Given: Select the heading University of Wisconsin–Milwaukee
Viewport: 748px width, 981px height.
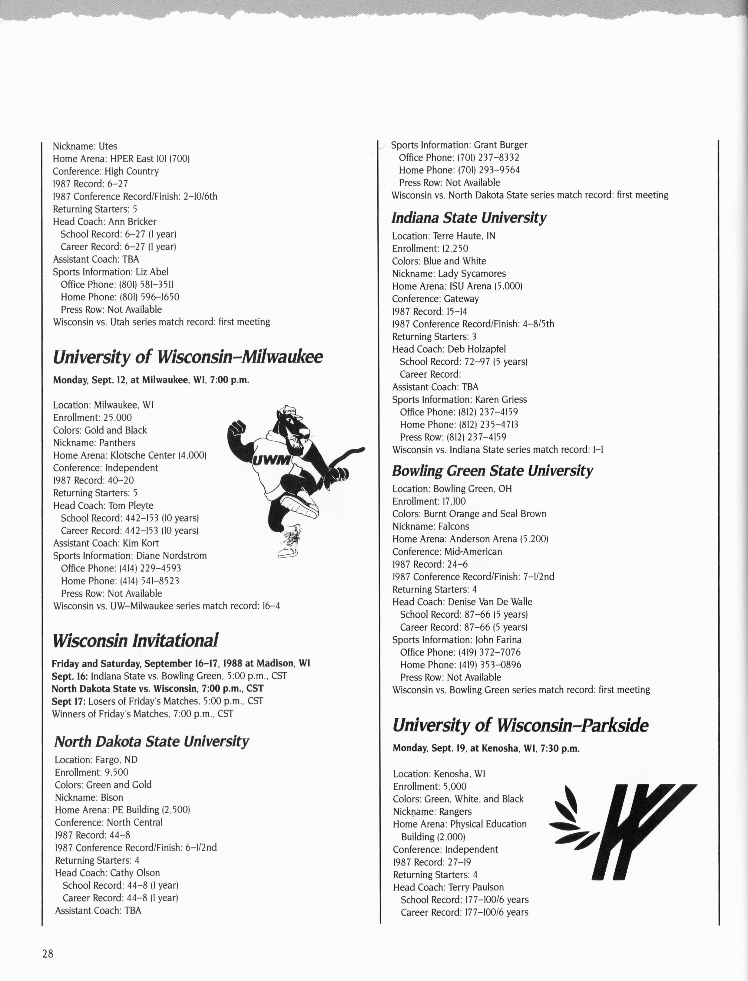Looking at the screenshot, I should pos(187,357).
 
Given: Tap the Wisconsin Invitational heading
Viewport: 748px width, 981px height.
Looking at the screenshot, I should pos(135,641).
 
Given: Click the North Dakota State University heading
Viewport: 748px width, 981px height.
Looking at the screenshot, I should pos(151,741).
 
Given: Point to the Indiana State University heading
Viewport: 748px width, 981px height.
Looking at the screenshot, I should pos(469,218).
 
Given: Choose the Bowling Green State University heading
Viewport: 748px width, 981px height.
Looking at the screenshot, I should pos(492,471).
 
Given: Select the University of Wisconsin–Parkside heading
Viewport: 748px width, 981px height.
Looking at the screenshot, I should pos(520,725).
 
